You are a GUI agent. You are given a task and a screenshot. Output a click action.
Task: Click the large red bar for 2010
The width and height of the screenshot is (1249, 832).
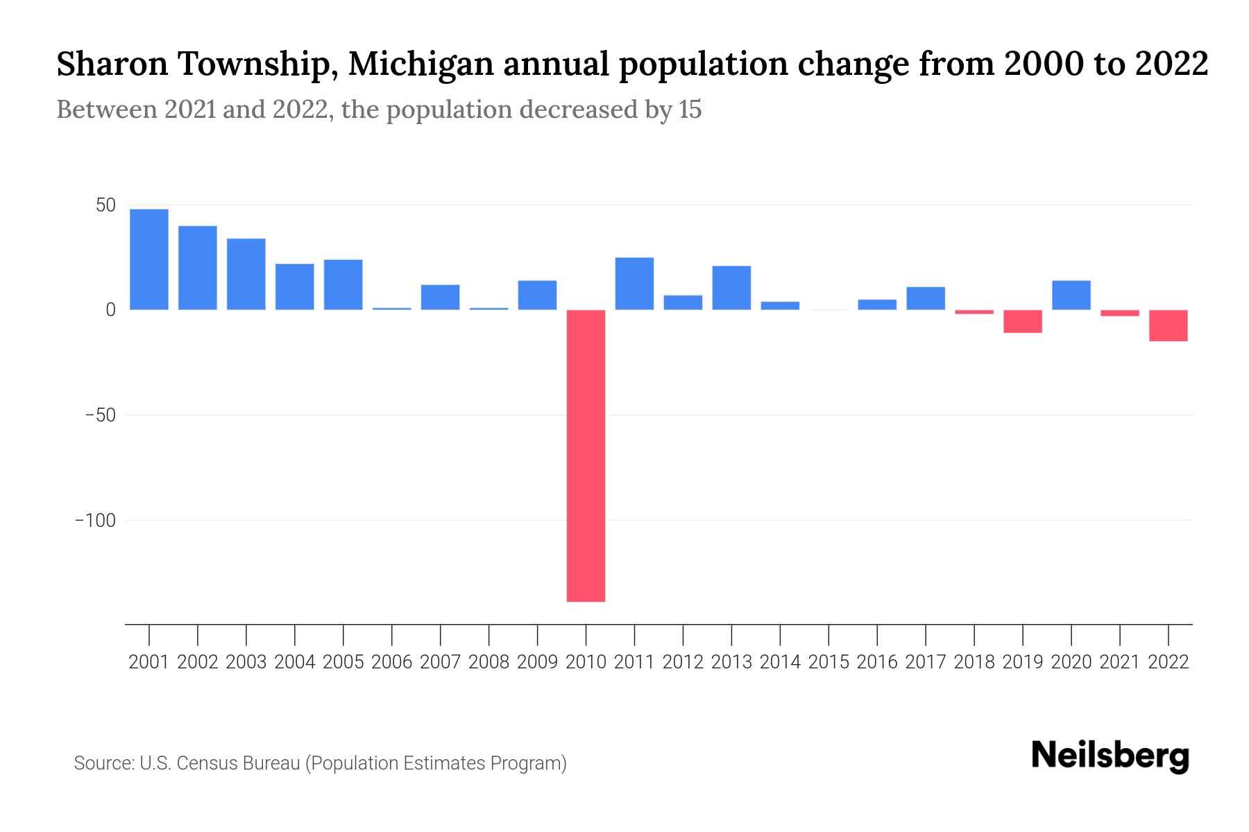click(586, 456)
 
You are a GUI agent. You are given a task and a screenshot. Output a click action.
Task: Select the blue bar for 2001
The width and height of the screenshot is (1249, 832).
click(149, 259)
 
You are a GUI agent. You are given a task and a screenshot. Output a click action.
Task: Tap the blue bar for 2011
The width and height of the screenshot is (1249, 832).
click(634, 284)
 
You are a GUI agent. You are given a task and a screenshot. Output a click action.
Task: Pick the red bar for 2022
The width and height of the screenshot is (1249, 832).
click(1169, 325)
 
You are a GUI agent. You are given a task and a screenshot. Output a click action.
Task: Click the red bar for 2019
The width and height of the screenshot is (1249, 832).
click(1023, 321)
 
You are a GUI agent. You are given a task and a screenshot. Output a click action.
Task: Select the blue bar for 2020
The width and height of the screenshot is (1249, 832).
click(1071, 295)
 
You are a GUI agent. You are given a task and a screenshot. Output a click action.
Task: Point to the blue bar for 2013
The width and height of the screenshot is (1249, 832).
click(731, 288)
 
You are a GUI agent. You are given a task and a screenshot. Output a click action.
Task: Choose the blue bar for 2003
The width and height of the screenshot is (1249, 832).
click(246, 274)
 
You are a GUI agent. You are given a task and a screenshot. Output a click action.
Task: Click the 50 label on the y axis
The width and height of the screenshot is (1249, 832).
click(105, 205)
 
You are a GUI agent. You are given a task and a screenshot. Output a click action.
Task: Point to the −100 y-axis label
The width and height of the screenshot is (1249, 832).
click(95, 520)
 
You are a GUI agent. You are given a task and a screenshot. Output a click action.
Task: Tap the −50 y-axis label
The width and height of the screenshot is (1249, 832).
click(100, 415)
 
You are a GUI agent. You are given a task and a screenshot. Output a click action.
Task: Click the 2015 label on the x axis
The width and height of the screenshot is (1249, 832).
click(829, 662)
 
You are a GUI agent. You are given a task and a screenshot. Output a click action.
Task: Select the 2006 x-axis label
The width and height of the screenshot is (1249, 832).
click(392, 662)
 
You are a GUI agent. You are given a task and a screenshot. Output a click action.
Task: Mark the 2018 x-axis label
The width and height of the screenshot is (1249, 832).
click(974, 662)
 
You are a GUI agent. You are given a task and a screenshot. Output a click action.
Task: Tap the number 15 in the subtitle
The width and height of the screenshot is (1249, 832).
click(690, 110)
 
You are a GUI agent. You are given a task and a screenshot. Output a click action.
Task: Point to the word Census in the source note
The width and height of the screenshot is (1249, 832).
click(205, 763)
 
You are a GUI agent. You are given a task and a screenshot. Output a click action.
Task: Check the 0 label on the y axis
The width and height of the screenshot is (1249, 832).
click(110, 310)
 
